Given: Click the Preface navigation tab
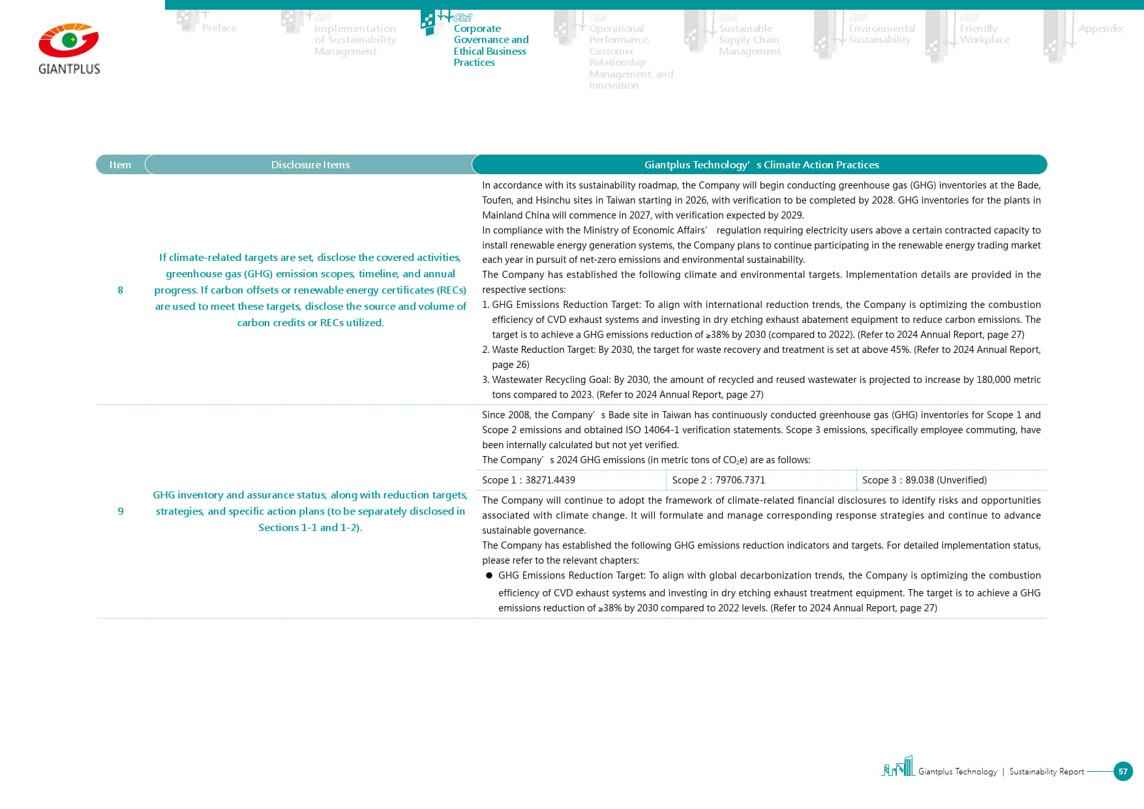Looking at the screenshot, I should point(219,28).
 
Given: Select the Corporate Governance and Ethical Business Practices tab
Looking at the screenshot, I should point(490,45).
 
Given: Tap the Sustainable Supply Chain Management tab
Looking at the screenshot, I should point(749,40).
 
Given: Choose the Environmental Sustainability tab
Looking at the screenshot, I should point(881,34).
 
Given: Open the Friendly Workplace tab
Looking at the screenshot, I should point(984,34).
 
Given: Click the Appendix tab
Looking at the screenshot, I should point(1100,29).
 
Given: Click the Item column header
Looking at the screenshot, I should point(120,165).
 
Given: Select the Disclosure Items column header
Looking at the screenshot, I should point(310,165).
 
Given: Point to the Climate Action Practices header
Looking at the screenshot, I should point(761,165).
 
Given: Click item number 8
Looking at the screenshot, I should point(120,290).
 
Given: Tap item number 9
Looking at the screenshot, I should point(121,511).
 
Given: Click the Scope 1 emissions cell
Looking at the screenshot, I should point(529,480).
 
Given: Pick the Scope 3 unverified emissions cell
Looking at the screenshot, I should point(924,480).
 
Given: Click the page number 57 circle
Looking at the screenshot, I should point(1122,771).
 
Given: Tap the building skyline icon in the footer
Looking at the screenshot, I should point(898,767).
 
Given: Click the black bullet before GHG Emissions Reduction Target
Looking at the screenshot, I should point(489,575).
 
